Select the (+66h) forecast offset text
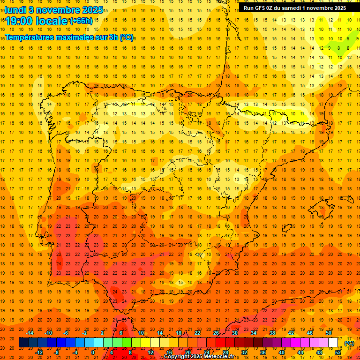click(x=81, y=21)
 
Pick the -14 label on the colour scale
click(x=30, y=333)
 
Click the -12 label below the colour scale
click(x=39, y=352)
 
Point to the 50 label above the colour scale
click(x=329, y=333)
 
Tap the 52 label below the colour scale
click(x=338, y=352)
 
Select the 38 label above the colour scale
click(x=272, y=333)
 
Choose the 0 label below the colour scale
click(x=93, y=352)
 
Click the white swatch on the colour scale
click(x=333, y=342)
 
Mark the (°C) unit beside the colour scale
click(x=349, y=343)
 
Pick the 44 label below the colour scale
click(x=300, y=352)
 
